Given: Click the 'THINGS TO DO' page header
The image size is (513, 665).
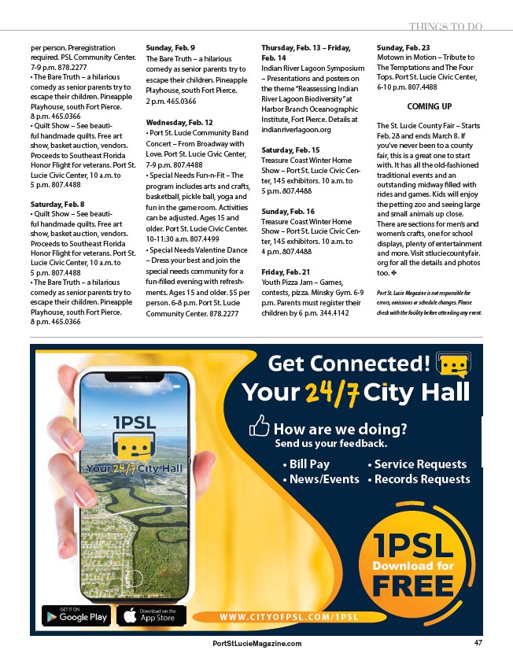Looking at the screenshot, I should (445, 27).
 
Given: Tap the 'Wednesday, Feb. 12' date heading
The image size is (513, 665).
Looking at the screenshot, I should (179, 123).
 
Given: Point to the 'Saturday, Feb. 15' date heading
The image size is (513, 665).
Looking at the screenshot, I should (290, 150).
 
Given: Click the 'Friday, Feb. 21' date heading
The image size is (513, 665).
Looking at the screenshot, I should (287, 271).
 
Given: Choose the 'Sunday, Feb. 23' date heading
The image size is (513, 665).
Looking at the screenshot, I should (403, 47).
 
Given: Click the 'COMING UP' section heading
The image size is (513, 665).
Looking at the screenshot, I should (429, 106).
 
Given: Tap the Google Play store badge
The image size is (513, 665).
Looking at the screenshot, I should (76, 615).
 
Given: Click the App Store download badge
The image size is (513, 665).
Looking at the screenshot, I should (151, 615).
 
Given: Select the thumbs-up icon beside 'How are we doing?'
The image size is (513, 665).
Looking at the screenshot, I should (259, 427).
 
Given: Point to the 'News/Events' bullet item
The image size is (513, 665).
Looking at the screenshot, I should (320, 479).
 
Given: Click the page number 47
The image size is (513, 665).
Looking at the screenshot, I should (478, 643).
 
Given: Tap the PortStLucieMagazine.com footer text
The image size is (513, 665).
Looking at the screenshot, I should (256, 644).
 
